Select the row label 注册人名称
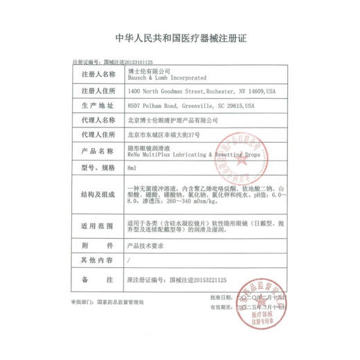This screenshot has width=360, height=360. pyautogui.click(x=97, y=73)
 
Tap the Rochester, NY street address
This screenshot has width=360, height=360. pyautogui.click(x=197, y=90)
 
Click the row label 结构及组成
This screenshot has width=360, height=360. pyautogui.click(x=97, y=195)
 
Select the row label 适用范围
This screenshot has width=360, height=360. pyautogui.click(x=97, y=226)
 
